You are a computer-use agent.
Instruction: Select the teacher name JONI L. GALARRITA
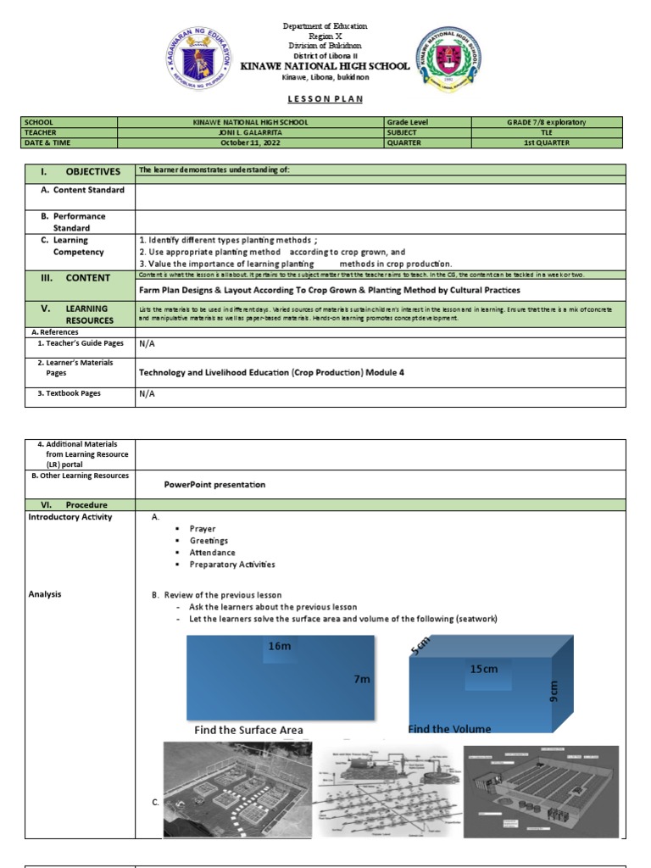tap(259, 132)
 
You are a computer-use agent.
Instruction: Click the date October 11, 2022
tap(259, 142)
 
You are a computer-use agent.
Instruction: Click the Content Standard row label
tap(83, 190)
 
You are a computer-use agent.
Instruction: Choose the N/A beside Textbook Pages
tap(147, 393)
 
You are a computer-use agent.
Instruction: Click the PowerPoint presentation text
tap(214, 485)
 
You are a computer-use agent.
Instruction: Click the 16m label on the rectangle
tap(279, 646)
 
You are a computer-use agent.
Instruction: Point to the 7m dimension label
tap(362, 680)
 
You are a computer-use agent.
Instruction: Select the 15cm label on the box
tap(483, 670)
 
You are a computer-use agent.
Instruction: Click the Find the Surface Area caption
tap(248, 730)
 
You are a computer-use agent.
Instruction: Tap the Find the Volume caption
tap(449, 729)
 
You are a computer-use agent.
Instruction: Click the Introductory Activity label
tap(70, 517)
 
